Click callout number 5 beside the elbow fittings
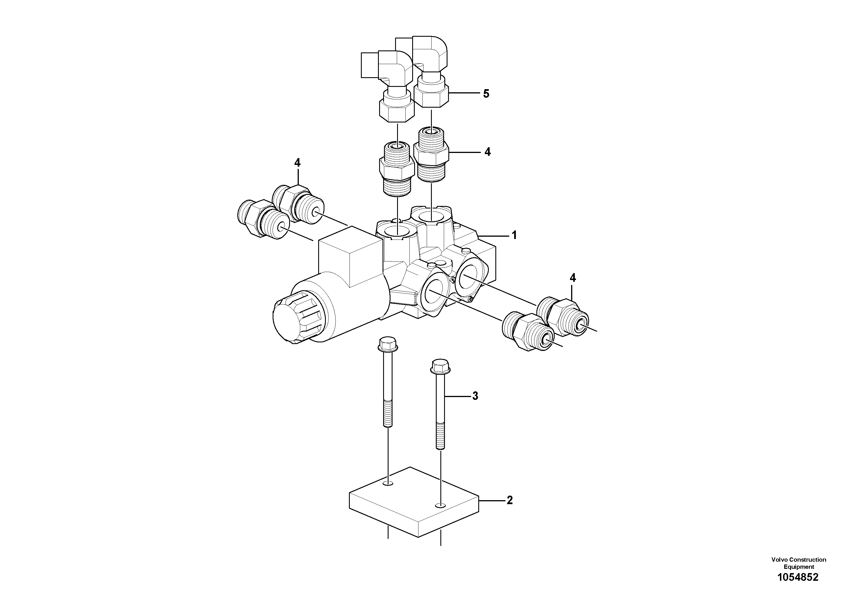tap(486, 94)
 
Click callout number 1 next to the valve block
tap(514, 235)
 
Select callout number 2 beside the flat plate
tap(510, 500)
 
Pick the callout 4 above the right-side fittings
tap(573, 278)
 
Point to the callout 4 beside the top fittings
tap(488, 152)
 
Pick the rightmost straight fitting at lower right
tap(563, 318)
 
